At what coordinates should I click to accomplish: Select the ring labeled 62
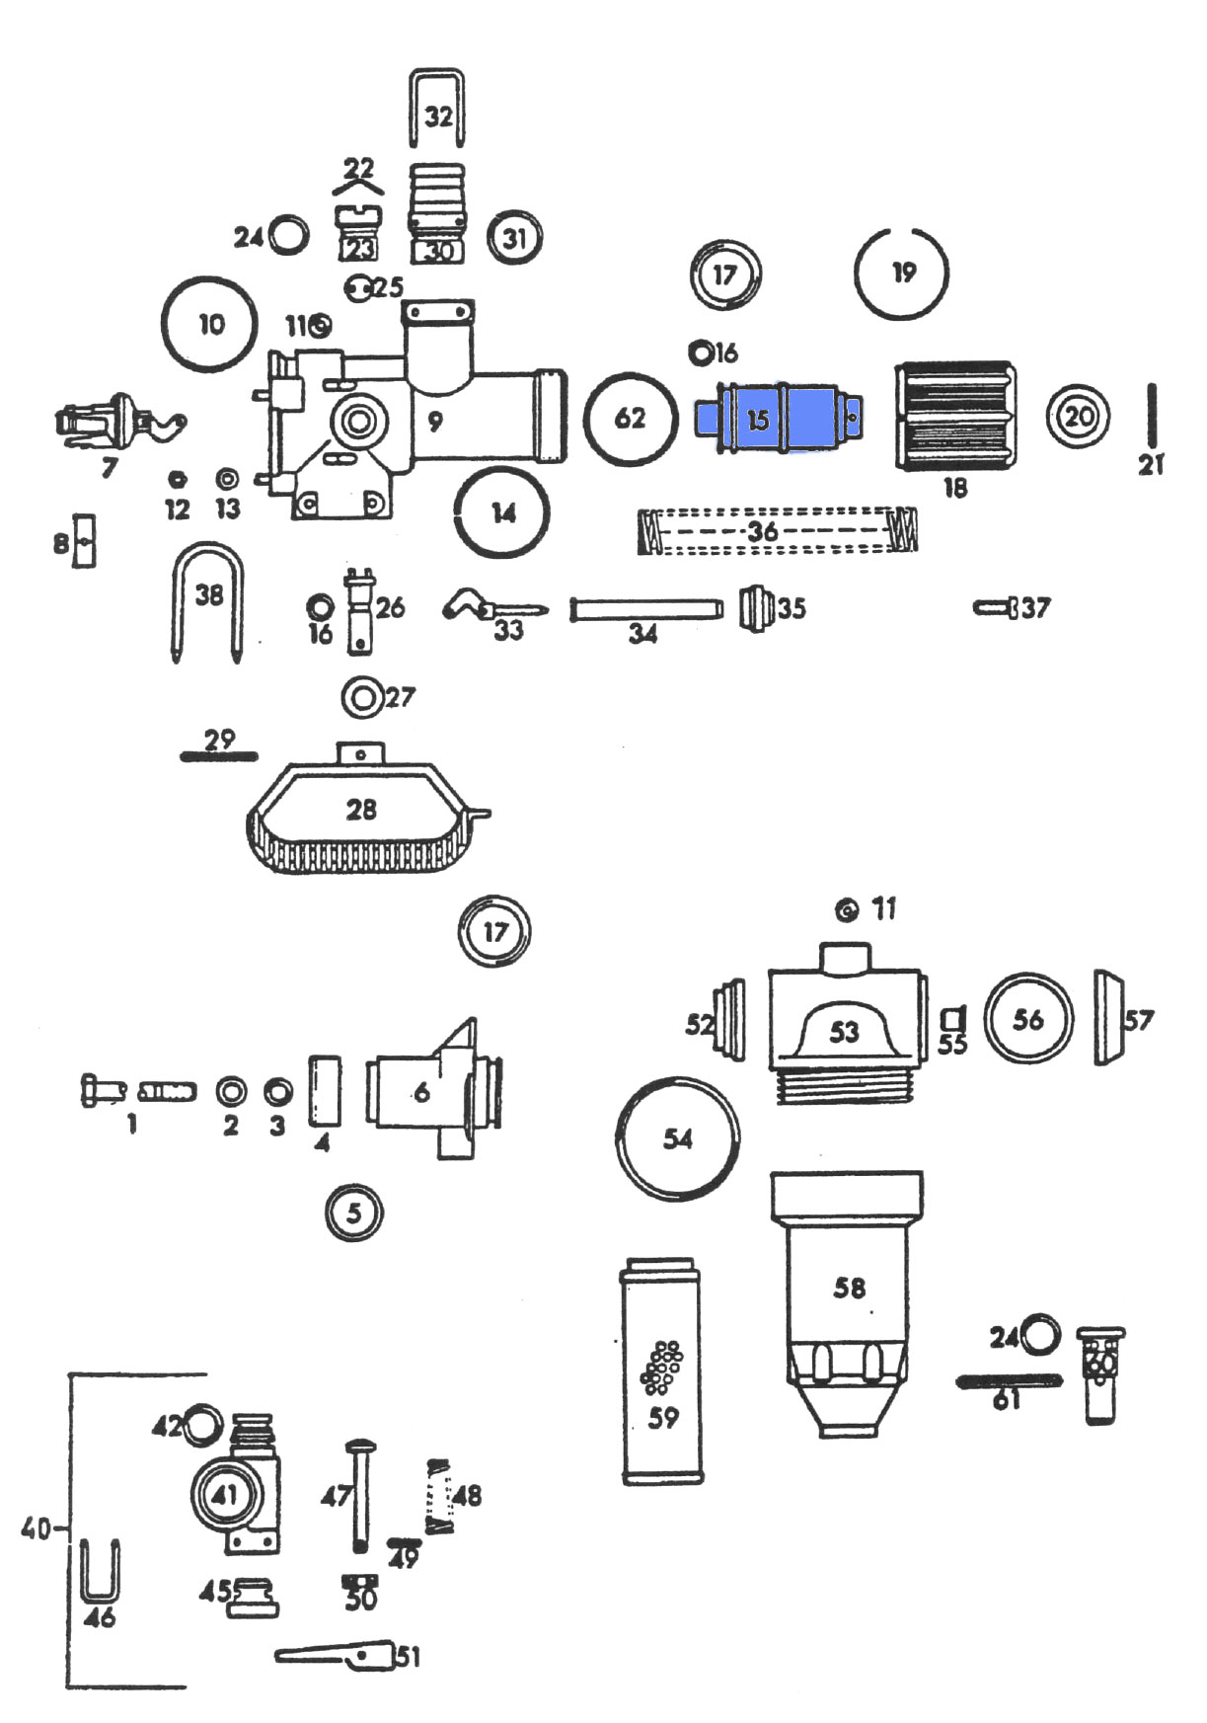(x=631, y=419)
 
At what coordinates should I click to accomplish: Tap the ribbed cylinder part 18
(x=954, y=416)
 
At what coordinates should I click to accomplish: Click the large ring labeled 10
(x=208, y=324)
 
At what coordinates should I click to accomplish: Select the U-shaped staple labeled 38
(x=207, y=598)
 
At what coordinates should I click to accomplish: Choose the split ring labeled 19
(x=901, y=273)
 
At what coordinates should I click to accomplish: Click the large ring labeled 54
(x=677, y=1138)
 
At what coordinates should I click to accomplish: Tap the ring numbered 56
(x=1027, y=1020)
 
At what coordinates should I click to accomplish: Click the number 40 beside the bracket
(x=37, y=1529)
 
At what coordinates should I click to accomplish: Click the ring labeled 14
(x=502, y=512)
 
